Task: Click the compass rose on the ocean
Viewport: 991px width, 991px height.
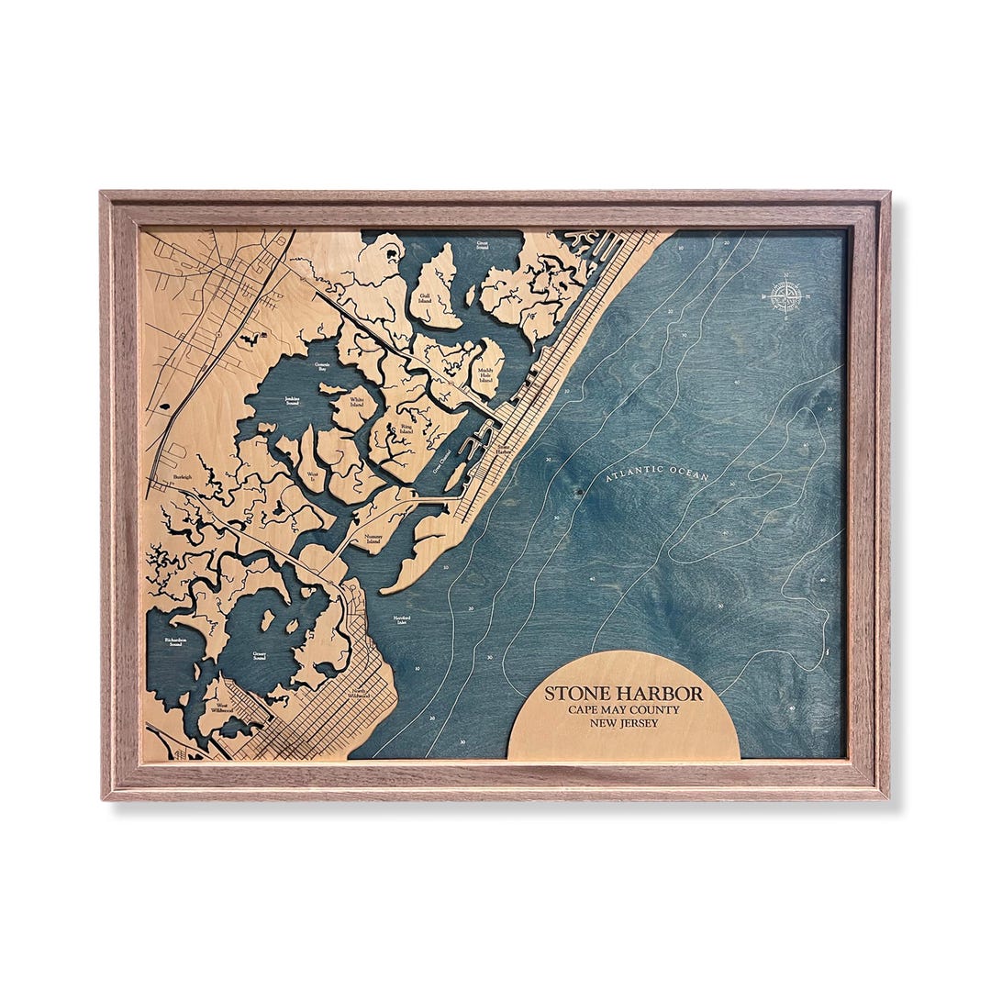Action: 786,295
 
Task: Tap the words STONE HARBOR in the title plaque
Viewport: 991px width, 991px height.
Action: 624,693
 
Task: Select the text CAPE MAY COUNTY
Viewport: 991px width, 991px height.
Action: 624,709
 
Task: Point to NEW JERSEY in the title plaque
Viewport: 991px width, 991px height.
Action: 624,723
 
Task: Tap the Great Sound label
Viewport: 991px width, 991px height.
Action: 482,245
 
